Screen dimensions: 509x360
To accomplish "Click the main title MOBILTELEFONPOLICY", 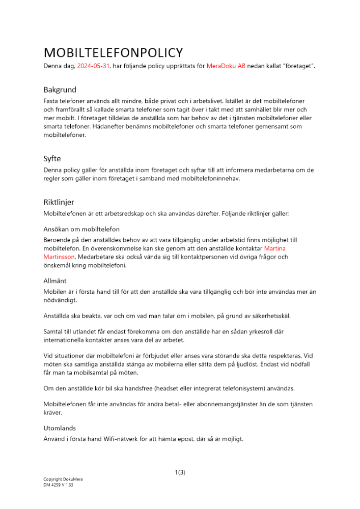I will (x=113, y=53).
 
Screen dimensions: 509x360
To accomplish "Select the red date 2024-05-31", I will (x=93, y=67).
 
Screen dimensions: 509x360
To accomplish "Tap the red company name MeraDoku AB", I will (x=226, y=67).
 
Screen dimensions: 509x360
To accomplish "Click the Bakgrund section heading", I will (x=60, y=90).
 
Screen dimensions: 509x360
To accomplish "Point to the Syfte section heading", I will (x=52, y=159).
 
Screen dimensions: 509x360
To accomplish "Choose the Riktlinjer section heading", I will (x=59, y=202).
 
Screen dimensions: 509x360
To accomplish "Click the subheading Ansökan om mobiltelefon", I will (x=81, y=229).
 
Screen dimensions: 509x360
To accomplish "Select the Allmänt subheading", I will (x=55, y=280).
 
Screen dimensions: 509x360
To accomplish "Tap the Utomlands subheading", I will (x=60, y=428).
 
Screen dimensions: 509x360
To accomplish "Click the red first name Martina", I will (x=274, y=248).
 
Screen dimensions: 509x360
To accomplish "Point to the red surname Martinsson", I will (x=59, y=257).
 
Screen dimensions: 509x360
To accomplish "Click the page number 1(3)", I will (x=180, y=472).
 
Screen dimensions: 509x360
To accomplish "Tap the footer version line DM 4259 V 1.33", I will (x=58, y=485).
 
